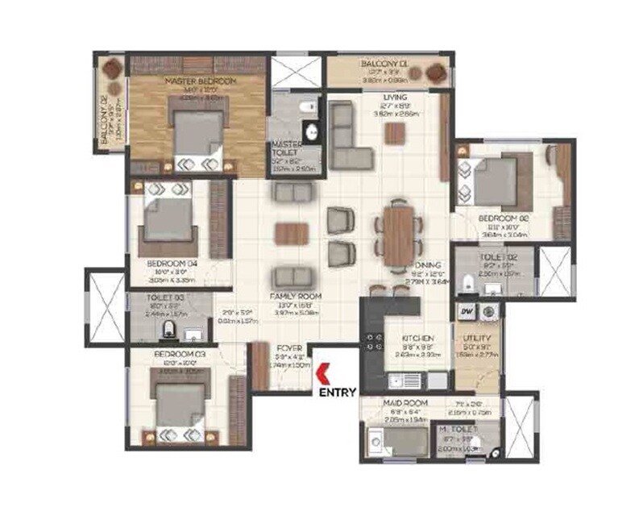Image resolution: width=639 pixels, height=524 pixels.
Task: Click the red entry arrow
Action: (x=322, y=374)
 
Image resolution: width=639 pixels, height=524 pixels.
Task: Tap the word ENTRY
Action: (x=334, y=393)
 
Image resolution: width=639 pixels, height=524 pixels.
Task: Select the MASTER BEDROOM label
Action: (x=201, y=82)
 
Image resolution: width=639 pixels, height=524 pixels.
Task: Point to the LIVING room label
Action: (x=396, y=98)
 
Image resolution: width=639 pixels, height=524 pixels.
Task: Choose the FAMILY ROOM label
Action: (x=297, y=297)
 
